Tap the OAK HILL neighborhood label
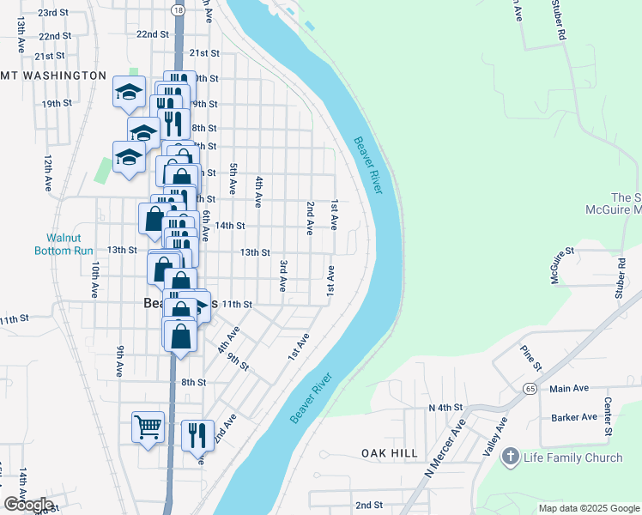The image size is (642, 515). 389,453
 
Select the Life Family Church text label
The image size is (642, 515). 573,457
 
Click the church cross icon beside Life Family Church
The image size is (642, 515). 512,457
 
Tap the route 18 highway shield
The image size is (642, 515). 177,9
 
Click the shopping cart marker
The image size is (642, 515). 148,427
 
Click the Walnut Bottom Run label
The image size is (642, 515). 70,244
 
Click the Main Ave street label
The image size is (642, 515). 569,389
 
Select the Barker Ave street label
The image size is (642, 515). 574,417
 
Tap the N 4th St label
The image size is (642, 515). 445,407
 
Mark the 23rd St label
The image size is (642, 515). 53,13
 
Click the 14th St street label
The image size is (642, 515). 230,226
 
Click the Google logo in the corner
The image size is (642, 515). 28,504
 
